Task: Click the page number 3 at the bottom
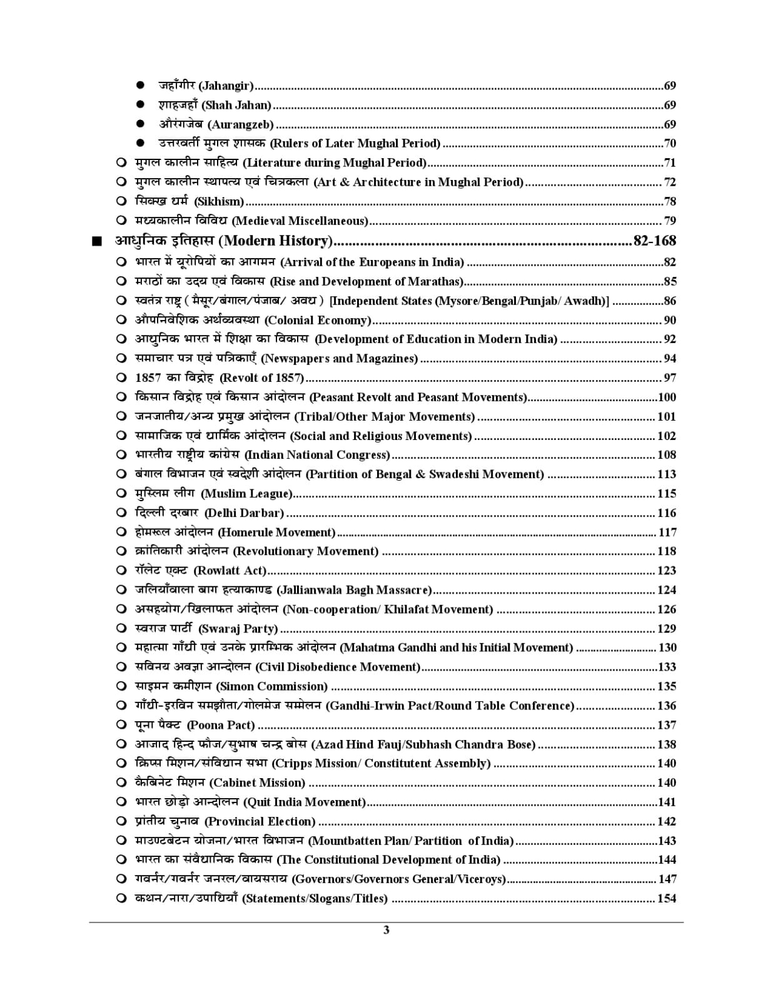tap(386, 930)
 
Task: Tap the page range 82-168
tap(654, 241)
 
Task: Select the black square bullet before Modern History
tap(96, 242)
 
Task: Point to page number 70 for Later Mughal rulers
tap(669, 144)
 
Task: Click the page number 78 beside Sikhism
tap(669, 201)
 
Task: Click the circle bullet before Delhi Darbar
tap(121, 513)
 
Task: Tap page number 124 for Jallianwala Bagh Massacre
tap(667, 590)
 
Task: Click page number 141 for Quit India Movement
tap(667, 802)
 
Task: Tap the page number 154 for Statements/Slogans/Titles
tap(667, 899)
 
